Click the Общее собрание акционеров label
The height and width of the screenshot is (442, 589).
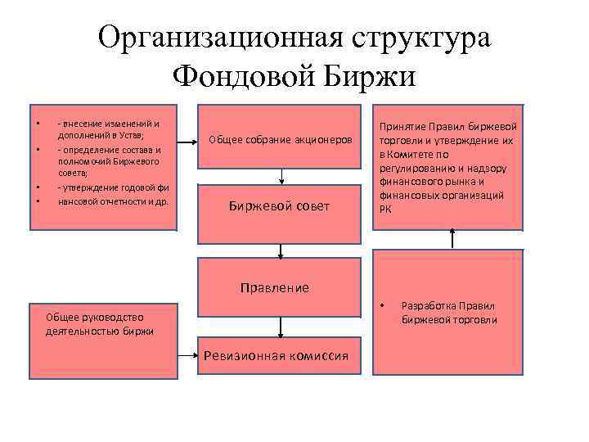[281, 140]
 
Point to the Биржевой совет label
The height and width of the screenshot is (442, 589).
[280, 206]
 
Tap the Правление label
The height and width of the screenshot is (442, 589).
[274, 288]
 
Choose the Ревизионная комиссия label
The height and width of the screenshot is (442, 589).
[281, 355]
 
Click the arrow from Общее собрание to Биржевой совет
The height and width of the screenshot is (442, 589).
[281, 177]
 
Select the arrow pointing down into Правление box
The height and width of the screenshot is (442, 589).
[281, 250]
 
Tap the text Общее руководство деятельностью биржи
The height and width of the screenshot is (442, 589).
[100, 324]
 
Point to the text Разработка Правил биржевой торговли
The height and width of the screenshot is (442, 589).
[449, 313]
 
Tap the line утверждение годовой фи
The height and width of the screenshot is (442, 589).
[112, 187]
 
